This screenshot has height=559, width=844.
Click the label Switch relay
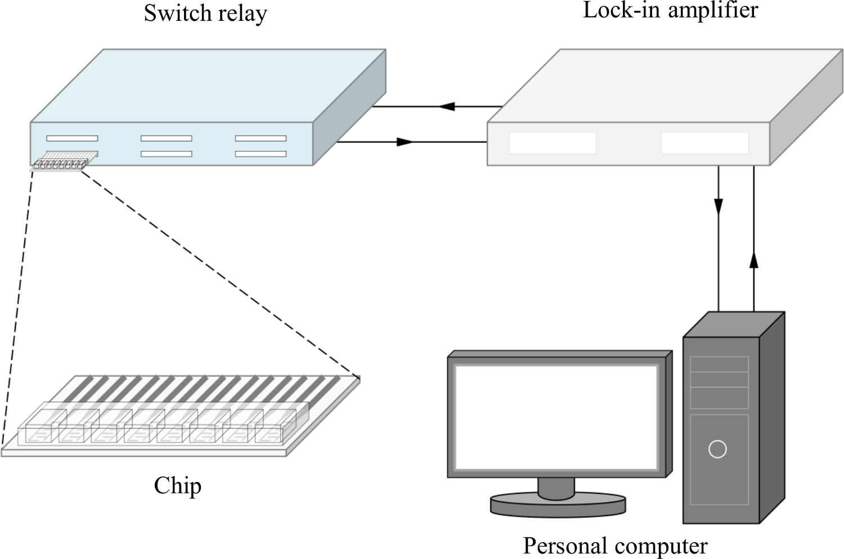(205, 13)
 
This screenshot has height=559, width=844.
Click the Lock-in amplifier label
(670, 10)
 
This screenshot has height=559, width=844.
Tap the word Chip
(177, 485)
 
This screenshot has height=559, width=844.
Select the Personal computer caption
(615, 546)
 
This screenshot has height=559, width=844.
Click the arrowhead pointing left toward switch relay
(447, 106)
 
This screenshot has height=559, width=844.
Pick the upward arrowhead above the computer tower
(754, 260)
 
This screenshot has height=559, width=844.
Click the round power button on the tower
(717, 449)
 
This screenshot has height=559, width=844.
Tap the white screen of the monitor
(556, 417)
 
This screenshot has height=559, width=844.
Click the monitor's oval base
(558, 504)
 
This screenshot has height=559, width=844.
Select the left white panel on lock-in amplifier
(553, 143)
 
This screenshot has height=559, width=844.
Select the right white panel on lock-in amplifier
(704, 143)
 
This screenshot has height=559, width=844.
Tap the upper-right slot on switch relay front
(261, 138)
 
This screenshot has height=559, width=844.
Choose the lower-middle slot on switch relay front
(166, 154)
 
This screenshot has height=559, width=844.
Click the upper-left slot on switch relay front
(72, 138)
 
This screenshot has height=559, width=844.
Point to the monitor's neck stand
(556, 486)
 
